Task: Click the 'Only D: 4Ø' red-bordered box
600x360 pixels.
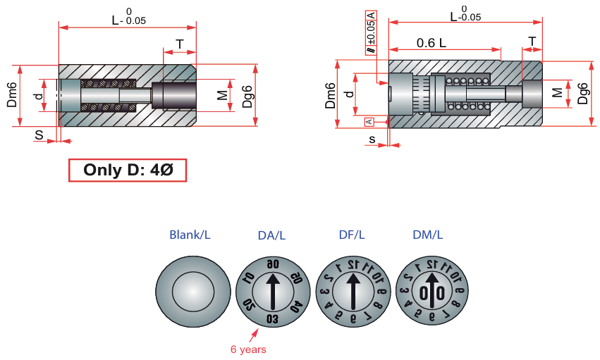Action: click(x=127, y=170)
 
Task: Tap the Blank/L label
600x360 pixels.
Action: click(x=190, y=234)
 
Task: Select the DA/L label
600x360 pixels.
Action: click(x=271, y=234)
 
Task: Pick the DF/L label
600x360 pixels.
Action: click(x=350, y=234)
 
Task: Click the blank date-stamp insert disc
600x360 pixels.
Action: click(x=193, y=291)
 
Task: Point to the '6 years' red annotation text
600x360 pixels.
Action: click(x=248, y=349)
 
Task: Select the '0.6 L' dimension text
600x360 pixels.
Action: click(x=431, y=42)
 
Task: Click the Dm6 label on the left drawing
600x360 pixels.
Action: click(x=12, y=96)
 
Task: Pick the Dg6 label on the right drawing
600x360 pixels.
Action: click(x=582, y=92)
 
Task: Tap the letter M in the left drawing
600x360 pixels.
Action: click(x=222, y=94)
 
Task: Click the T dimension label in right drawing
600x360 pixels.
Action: click(x=532, y=41)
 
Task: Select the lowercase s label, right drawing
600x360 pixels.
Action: click(x=372, y=139)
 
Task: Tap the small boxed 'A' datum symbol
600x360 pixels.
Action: click(x=368, y=122)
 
